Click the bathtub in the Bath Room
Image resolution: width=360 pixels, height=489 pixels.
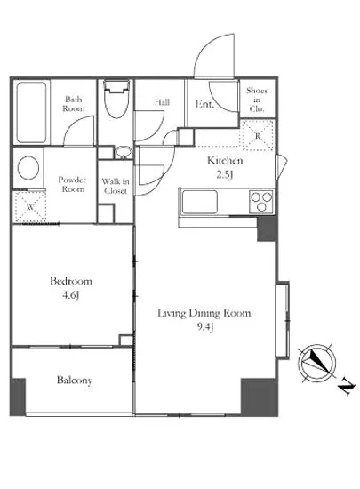31,112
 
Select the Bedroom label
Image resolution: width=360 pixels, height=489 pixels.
71,281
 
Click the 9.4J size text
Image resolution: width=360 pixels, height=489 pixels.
205,327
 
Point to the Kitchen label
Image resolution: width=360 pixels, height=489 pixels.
225,161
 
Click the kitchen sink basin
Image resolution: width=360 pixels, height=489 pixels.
199,202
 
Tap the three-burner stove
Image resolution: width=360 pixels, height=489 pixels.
262,202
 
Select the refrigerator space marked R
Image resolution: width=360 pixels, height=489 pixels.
258,135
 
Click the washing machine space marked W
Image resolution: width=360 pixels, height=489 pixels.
29,207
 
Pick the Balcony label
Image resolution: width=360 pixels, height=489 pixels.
75,381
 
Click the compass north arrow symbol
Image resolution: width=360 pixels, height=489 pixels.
317,364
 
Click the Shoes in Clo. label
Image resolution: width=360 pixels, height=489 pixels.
257,100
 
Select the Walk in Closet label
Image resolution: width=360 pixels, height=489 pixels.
116,186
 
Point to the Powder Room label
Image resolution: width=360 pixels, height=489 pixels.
72,184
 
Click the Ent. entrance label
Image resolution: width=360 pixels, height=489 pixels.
204,103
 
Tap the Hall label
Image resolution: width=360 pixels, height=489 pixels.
162,102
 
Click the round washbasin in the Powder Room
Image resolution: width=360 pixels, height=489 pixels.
28,168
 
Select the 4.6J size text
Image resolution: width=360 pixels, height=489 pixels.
71,294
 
